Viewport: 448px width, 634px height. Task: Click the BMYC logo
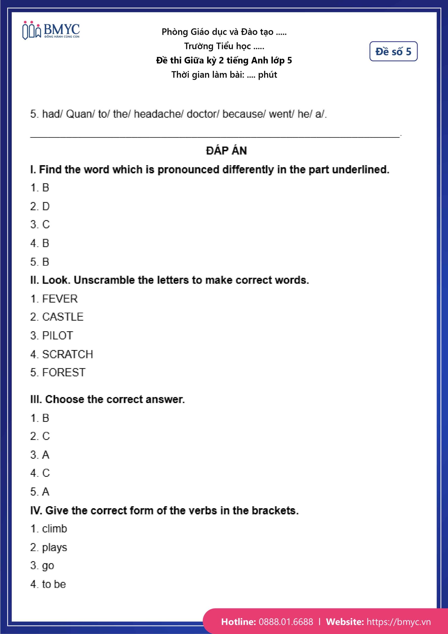51,30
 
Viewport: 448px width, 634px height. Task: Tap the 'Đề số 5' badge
393,51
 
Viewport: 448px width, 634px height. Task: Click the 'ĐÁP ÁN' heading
226,151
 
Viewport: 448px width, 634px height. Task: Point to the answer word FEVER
60,299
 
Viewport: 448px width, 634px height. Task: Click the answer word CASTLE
63,317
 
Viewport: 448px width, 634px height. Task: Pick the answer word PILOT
57,336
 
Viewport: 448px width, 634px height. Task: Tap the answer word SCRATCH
68,354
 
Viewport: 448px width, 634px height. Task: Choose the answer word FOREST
64,372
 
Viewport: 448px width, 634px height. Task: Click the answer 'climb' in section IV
54,529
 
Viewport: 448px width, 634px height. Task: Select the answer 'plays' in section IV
54,548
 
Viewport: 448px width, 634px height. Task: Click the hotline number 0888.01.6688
286,622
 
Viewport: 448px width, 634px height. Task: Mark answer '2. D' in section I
40,206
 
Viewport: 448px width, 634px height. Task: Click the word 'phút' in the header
267,75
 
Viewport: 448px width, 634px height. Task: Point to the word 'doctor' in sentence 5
203,114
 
